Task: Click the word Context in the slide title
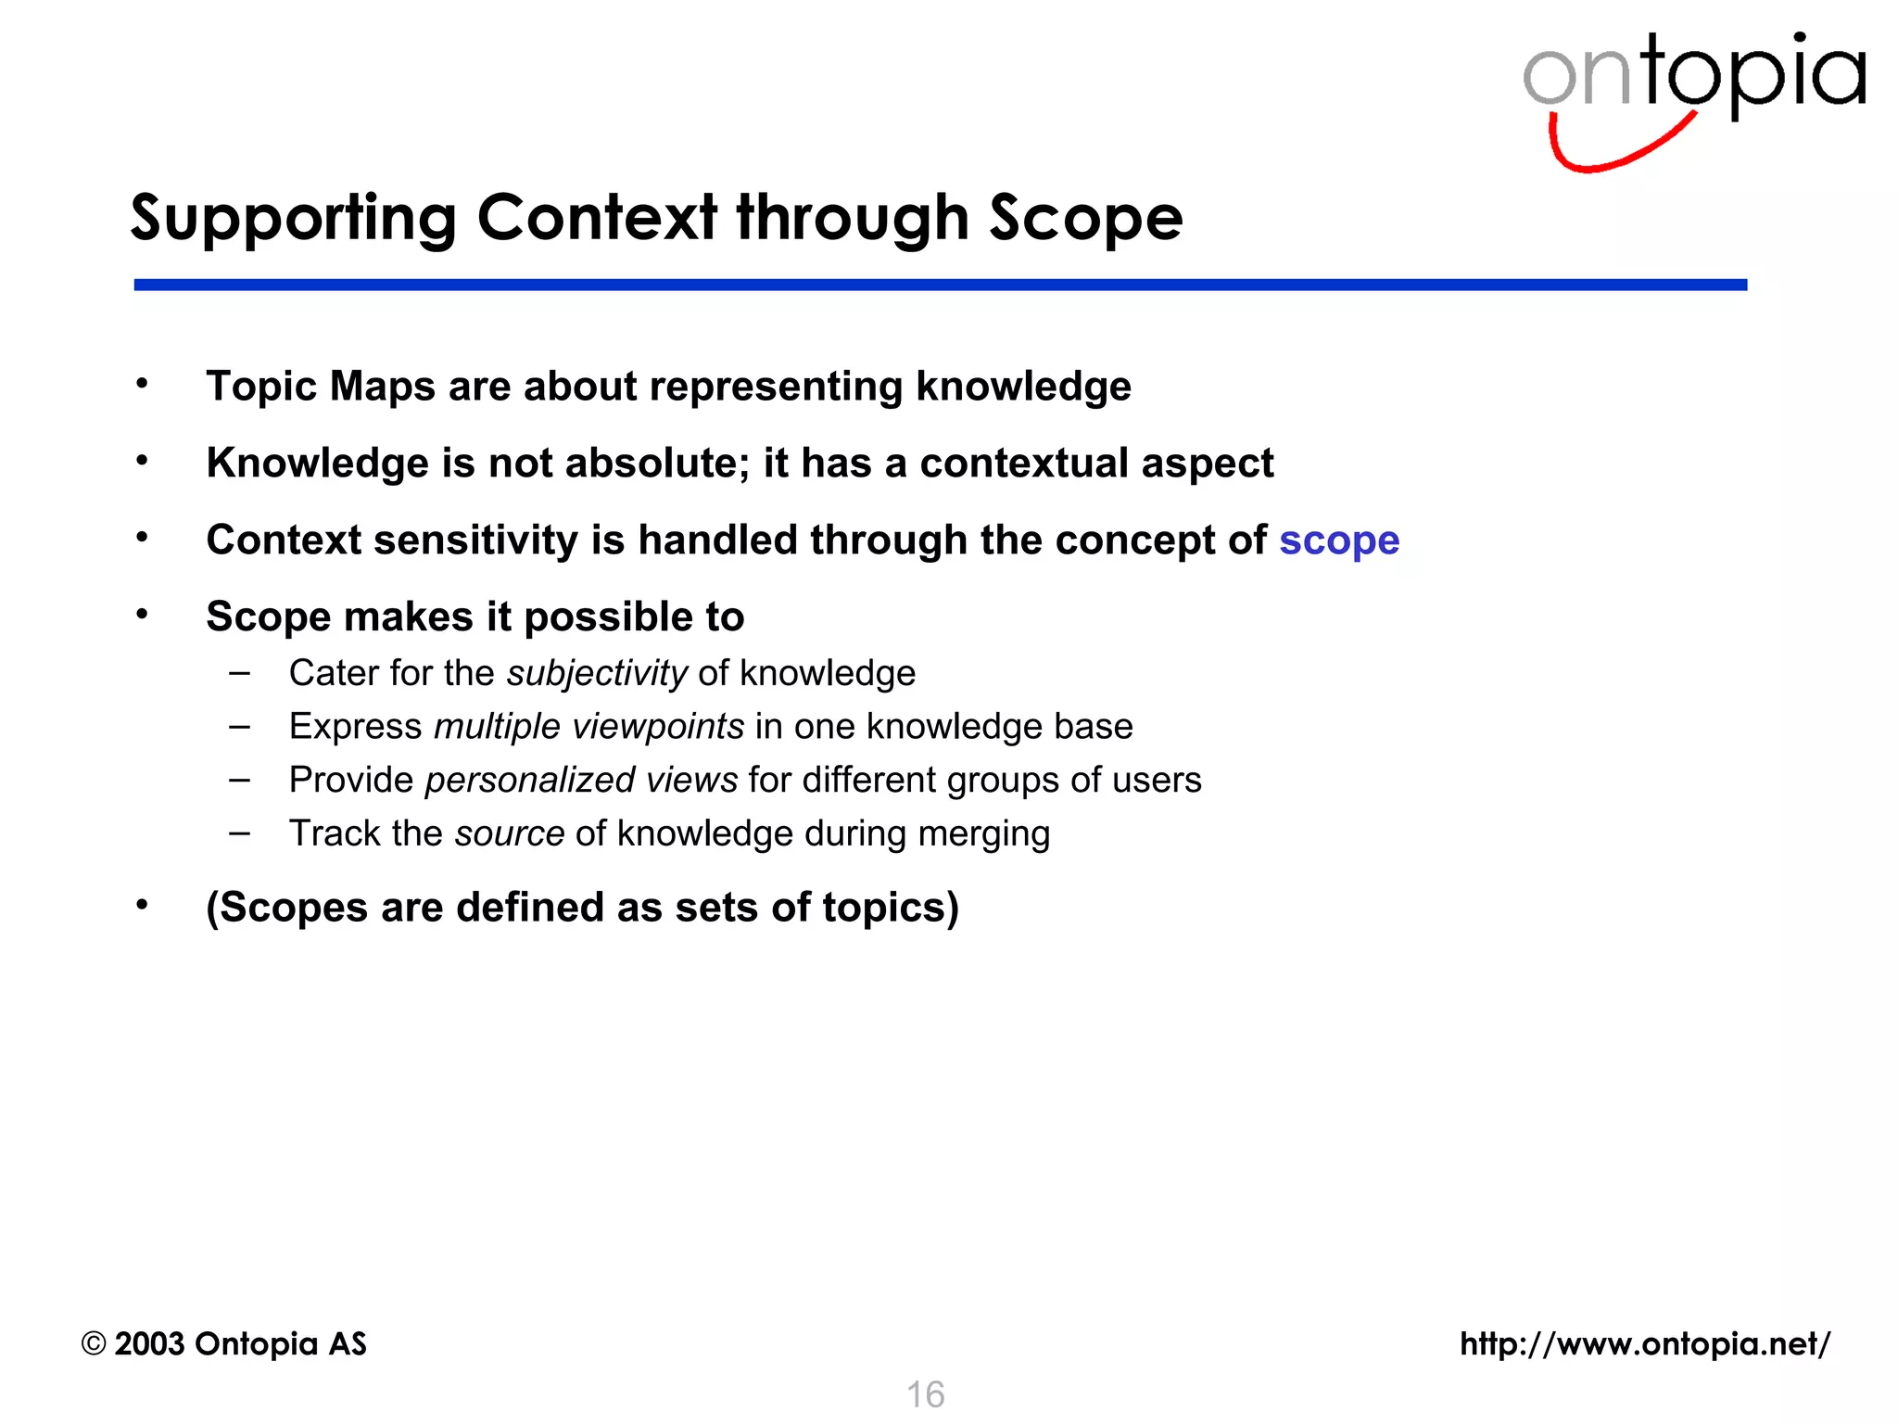tap(597, 219)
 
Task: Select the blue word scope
tap(1338, 541)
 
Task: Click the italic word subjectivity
tap(597, 674)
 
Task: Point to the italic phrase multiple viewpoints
tap(588, 727)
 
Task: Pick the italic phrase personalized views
tap(581, 781)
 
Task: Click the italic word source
tap(509, 833)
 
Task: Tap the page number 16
tap(925, 1394)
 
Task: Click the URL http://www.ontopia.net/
tap(1644, 1343)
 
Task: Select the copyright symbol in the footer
tap(94, 1343)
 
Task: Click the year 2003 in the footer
tap(149, 1343)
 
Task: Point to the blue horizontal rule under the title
tap(940, 285)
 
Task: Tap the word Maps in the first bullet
tap(382, 387)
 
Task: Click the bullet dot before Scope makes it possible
tap(142, 614)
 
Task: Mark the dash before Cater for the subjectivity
tap(240, 673)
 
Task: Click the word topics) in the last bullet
tap(891, 908)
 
